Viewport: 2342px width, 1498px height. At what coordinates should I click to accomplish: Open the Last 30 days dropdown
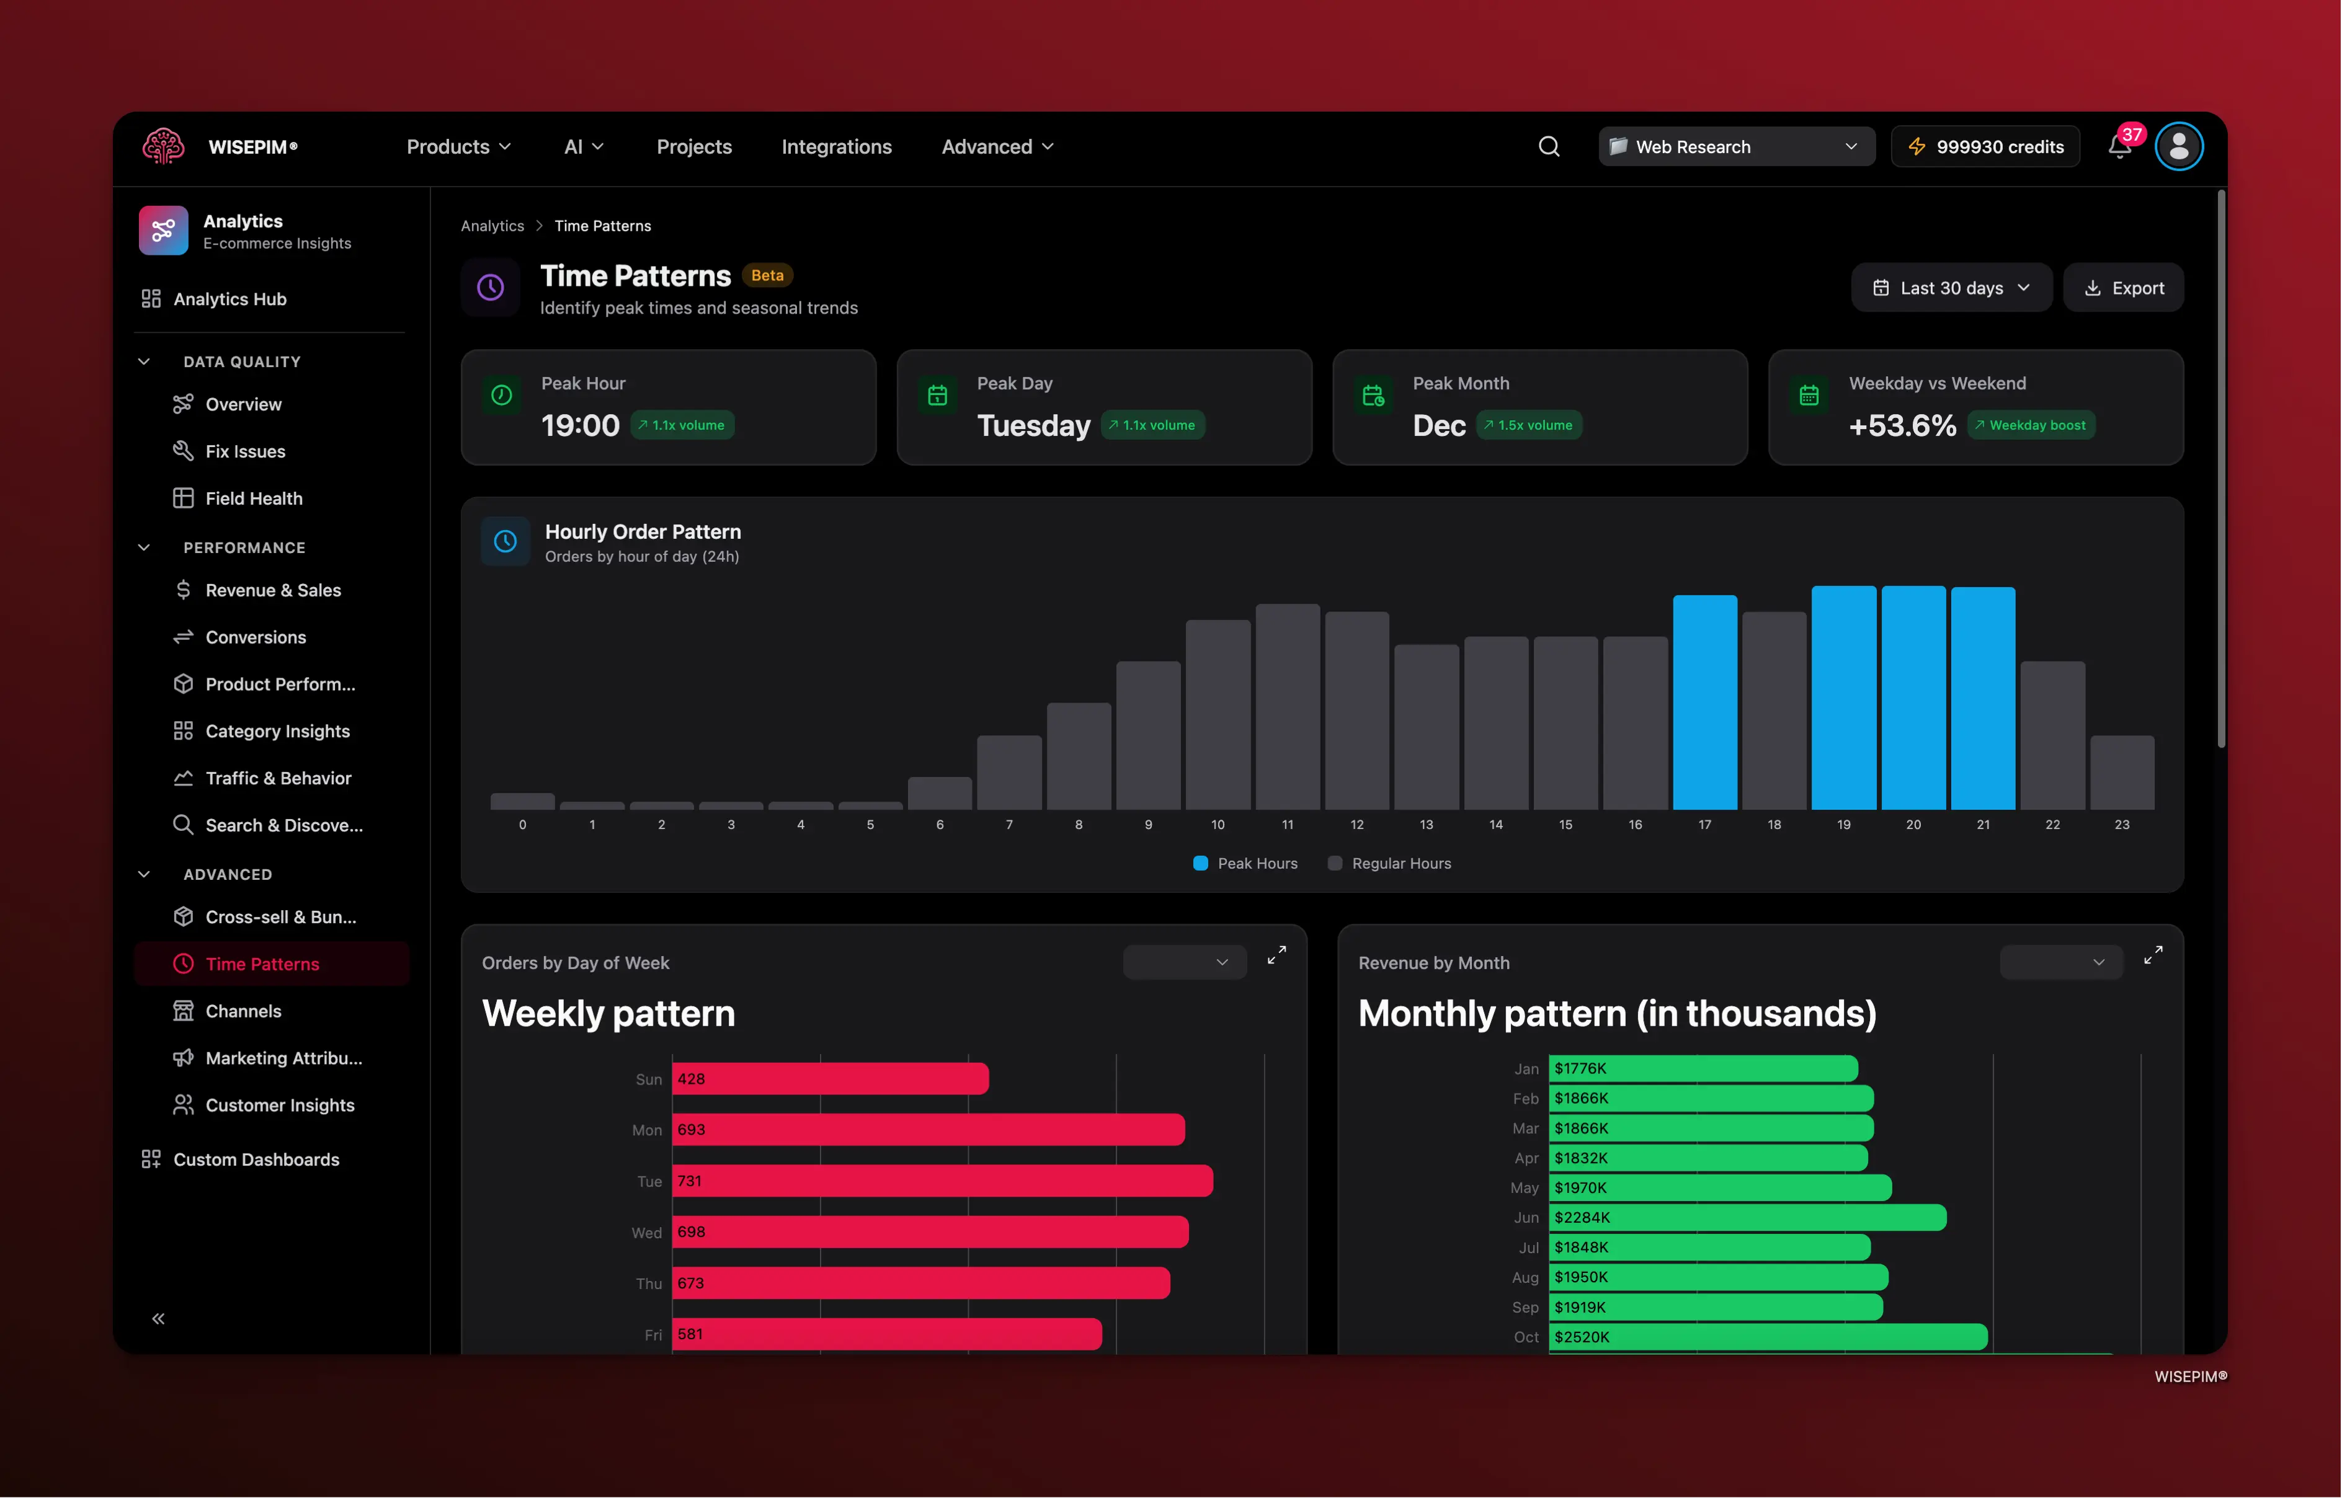(x=1951, y=288)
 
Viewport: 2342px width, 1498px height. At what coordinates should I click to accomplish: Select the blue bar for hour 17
(x=1704, y=702)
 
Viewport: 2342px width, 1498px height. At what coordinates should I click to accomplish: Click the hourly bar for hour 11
(x=1287, y=707)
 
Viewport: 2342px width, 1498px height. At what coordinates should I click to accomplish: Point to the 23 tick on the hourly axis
(x=2121, y=825)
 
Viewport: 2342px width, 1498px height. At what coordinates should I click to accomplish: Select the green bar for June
(x=1747, y=1218)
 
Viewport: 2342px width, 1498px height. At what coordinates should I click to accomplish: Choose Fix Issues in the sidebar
(x=245, y=451)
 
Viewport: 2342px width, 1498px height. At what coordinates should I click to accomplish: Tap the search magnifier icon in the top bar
(x=1549, y=147)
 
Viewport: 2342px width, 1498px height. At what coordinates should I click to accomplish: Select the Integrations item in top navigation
(x=836, y=147)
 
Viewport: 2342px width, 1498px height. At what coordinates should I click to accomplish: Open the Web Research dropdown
(x=1736, y=147)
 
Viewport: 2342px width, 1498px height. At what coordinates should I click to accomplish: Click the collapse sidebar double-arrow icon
(x=159, y=1319)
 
